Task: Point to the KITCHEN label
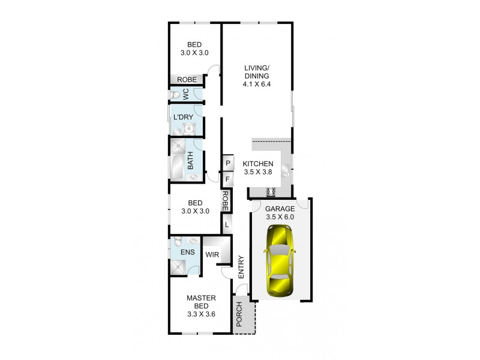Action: point(258,164)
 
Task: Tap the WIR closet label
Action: point(212,254)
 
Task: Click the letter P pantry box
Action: point(228,163)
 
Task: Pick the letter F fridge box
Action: point(228,179)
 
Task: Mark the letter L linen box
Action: point(227,224)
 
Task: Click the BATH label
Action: point(191,160)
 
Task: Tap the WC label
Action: point(186,94)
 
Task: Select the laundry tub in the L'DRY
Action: point(189,128)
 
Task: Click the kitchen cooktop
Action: point(270,192)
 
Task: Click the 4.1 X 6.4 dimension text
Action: point(259,85)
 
